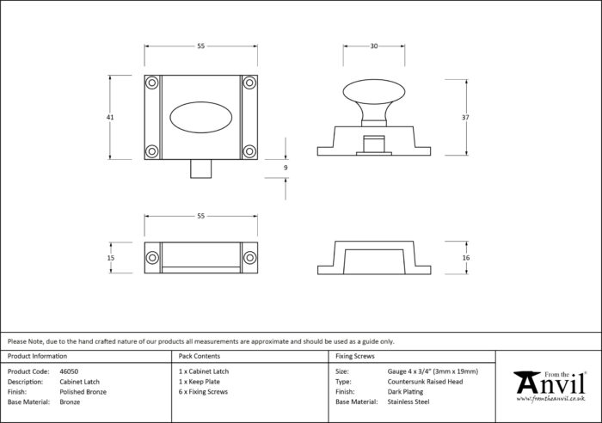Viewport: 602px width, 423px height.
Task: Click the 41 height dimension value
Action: pos(110,117)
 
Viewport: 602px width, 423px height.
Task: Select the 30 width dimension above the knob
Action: pos(374,46)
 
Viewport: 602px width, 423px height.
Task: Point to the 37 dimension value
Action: pos(465,118)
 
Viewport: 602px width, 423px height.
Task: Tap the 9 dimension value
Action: pos(286,168)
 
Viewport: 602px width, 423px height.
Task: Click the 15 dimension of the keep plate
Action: pos(111,258)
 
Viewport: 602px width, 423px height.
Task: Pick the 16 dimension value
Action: pos(466,258)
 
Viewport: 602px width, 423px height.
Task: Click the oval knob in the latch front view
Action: pos(200,117)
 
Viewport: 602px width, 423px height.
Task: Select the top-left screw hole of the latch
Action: pos(152,83)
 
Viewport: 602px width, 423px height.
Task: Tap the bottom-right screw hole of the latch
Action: pos(249,151)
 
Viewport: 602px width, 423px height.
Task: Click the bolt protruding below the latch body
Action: pos(200,169)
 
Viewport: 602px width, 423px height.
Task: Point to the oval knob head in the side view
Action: pos(374,92)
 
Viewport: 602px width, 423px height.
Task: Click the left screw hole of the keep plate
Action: pos(152,258)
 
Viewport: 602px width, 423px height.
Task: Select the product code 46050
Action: pos(69,371)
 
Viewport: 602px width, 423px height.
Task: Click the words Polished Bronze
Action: pos(83,392)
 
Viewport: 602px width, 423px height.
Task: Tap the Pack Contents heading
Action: pos(200,356)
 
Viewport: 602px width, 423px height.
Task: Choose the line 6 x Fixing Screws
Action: pos(203,392)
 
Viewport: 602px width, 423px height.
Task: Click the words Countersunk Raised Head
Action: pos(425,382)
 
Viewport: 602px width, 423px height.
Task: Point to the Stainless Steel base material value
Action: pos(408,402)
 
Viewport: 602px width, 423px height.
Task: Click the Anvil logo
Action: pos(550,386)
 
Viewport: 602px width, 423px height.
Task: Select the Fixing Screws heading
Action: pos(354,356)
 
